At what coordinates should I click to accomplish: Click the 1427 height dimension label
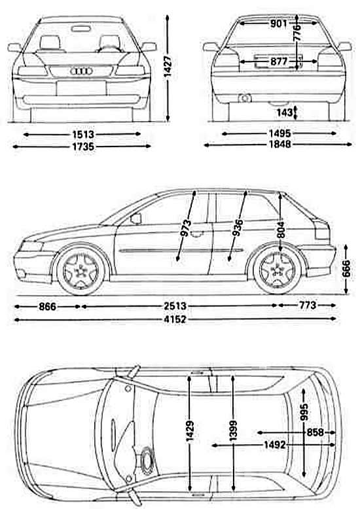pos(168,67)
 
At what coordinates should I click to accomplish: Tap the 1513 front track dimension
pos(82,134)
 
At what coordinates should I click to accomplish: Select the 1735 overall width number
pos(82,147)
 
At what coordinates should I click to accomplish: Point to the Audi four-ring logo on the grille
pos(81,71)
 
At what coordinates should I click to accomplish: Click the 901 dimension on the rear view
pos(278,24)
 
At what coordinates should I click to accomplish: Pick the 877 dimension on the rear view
pos(278,61)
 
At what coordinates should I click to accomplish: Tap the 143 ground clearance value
pos(285,113)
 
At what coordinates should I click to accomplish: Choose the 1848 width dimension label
pos(279,144)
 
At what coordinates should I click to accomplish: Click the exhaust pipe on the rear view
pos(244,97)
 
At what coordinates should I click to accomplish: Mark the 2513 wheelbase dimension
pos(175,306)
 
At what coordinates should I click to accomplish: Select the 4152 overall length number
pos(175,319)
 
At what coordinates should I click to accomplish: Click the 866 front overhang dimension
pos(47,306)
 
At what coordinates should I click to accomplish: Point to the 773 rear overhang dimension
pos(307,305)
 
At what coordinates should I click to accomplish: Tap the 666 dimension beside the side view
pos(346,268)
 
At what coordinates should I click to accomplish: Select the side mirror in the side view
pos(136,219)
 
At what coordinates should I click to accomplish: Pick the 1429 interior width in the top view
pos(190,431)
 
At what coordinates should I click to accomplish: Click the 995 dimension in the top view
pos(304,412)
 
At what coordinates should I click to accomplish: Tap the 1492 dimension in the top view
pos(274,445)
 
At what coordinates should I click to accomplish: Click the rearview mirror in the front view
pos(81,29)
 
